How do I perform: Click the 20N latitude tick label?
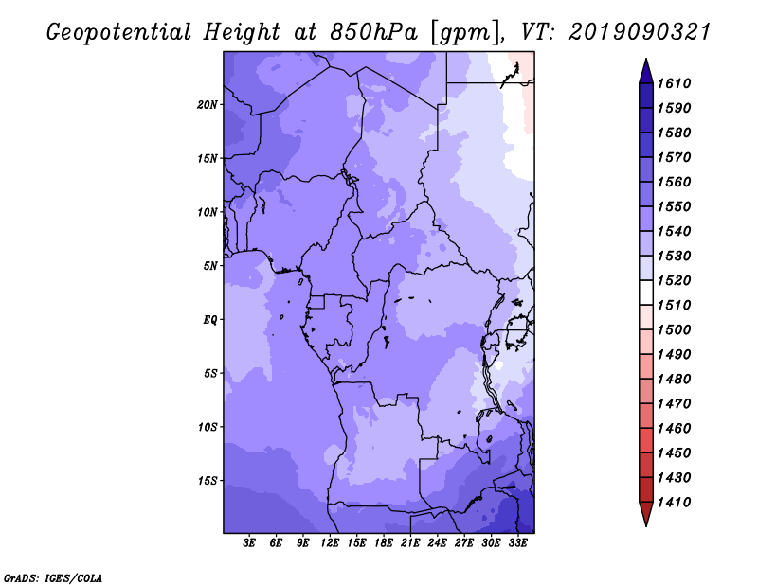207,105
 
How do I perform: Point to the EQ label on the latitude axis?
209,320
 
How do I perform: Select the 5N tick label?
210,266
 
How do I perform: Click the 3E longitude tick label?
249,543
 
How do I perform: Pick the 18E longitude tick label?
384,543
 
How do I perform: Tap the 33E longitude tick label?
517,543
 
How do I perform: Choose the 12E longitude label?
330,543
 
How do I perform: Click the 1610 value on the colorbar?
674,83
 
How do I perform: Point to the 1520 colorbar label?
674,280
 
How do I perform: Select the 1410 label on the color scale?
674,503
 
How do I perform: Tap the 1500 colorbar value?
674,330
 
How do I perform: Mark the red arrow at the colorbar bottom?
646,512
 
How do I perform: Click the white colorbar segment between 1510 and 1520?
646,292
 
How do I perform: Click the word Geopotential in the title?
119,33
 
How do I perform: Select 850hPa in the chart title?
373,32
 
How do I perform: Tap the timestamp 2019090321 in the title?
640,32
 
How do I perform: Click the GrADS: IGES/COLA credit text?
53,578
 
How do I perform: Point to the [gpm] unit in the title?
464,33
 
